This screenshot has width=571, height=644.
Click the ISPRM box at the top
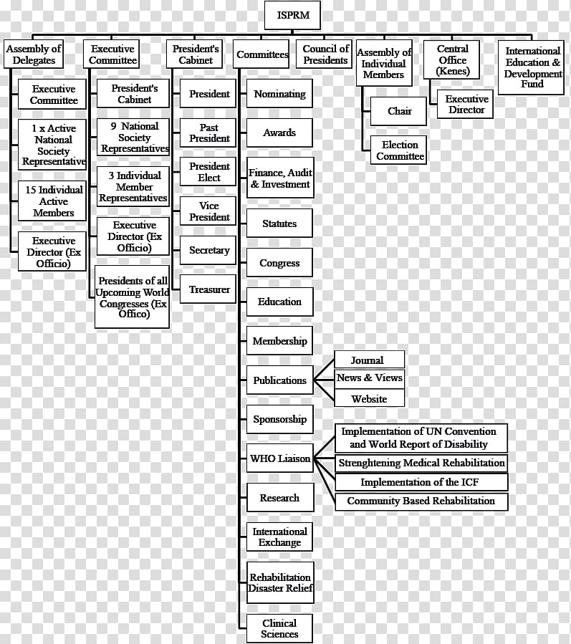292,15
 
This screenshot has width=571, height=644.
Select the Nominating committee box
279,94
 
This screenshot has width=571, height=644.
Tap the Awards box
279,133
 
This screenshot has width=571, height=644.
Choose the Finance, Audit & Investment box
280,178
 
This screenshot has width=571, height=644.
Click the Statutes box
279,224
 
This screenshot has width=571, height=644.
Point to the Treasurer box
208,289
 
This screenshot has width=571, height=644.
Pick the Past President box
208,133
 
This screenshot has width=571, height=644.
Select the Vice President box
208,211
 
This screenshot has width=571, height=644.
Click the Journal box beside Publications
369,360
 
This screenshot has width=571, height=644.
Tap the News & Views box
369,378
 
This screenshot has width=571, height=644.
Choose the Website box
369,398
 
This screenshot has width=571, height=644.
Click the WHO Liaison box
279,458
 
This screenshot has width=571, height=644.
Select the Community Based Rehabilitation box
421,501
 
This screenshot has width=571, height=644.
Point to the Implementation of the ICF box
421,482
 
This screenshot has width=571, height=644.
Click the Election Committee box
398,150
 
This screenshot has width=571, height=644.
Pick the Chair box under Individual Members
398,111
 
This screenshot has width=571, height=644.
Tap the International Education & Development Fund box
531,67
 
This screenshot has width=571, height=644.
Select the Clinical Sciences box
279,628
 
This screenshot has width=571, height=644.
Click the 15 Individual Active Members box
52,201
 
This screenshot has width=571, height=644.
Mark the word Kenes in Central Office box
453,71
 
